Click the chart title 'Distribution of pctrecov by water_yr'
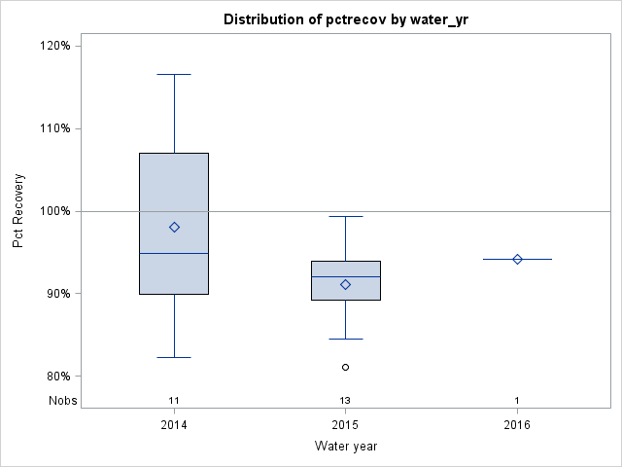[345, 19]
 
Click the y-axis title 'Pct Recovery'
[18, 211]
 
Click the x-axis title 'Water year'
[345, 446]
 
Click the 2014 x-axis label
[174, 425]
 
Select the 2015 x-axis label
[345, 425]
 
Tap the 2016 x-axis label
[517, 425]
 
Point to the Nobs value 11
[174, 400]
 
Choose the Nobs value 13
[345, 400]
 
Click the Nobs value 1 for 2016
[517, 400]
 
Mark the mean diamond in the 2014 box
[174, 227]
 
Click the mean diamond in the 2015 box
[345, 284]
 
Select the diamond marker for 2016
[517, 259]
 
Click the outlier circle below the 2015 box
[345, 367]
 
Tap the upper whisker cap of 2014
[174, 74]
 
